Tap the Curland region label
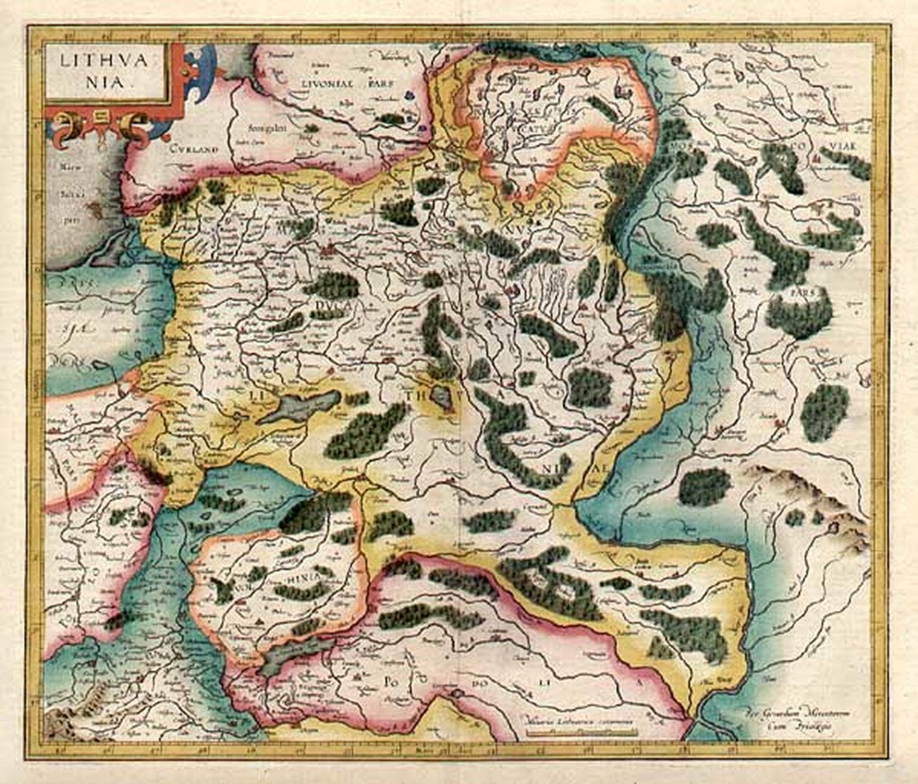tap(191, 150)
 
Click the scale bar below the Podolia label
tap(581, 731)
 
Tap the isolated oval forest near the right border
tap(824, 411)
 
